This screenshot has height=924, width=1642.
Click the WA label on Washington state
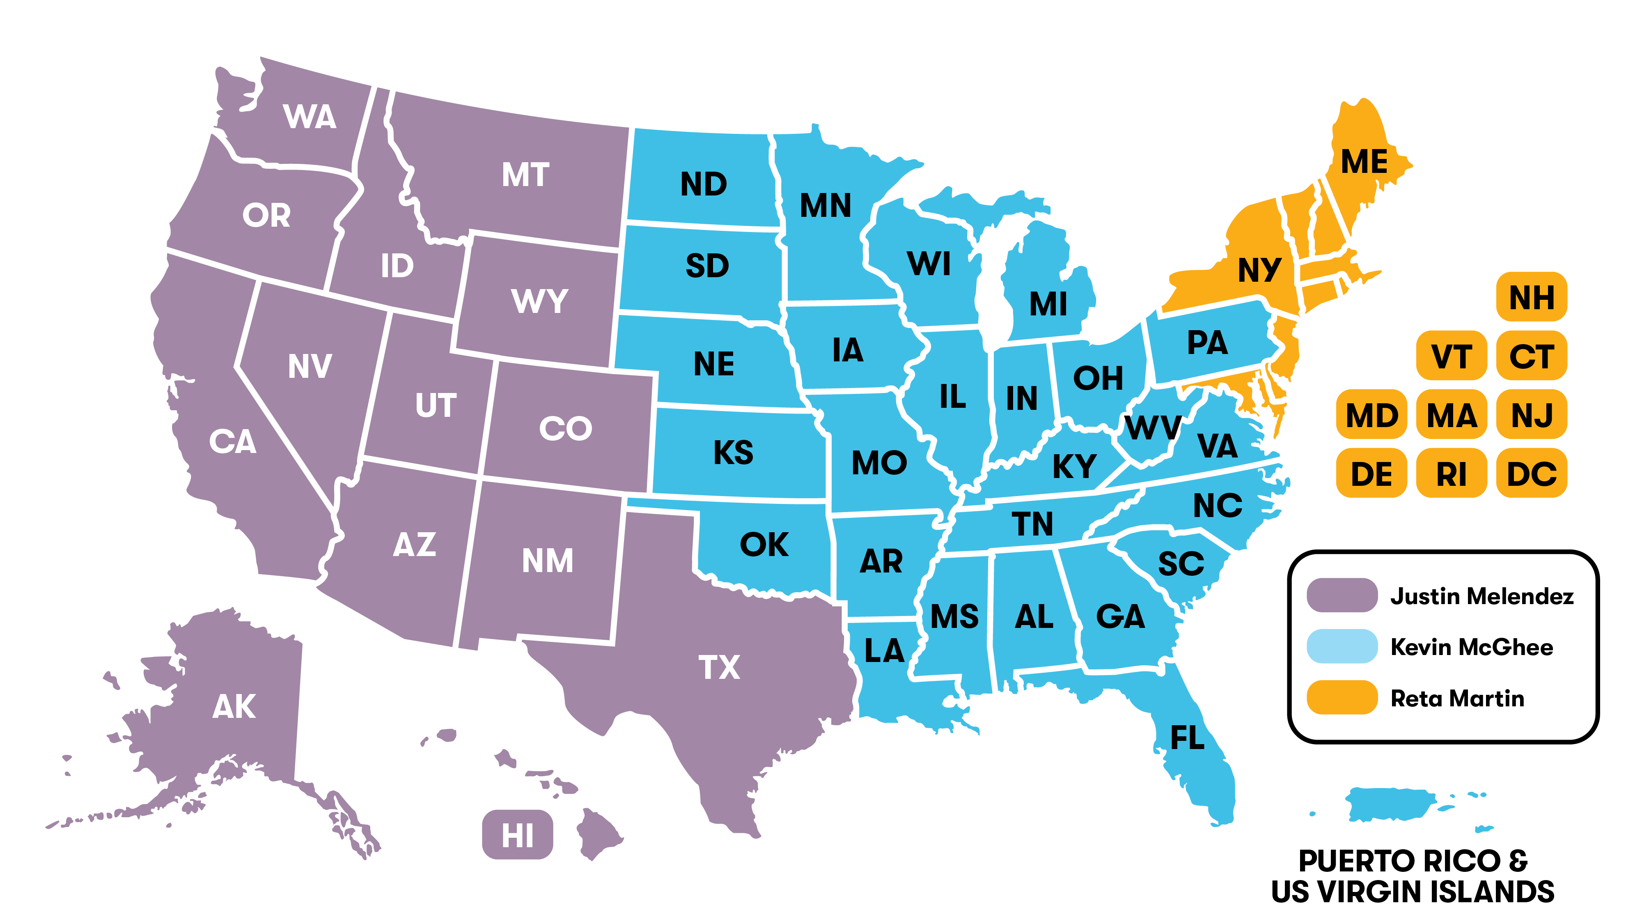coord(310,117)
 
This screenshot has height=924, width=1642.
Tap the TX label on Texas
coord(719,668)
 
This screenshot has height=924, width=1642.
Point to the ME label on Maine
coord(1364,161)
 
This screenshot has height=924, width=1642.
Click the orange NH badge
coord(1531,297)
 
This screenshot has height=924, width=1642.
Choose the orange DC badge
coord(1531,474)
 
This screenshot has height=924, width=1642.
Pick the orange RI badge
coord(1452,474)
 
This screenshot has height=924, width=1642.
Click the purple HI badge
coord(517,835)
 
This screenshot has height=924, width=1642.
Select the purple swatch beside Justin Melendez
coord(1342,595)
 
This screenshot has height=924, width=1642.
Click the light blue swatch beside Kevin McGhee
coord(1342,647)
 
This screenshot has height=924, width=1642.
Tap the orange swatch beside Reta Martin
coord(1342,698)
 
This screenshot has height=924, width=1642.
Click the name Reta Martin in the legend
coord(1457,698)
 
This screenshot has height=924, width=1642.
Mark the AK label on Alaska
coord(234,706)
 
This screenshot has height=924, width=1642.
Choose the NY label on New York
coord(1259,270)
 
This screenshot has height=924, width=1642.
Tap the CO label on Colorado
coord(565,428)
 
